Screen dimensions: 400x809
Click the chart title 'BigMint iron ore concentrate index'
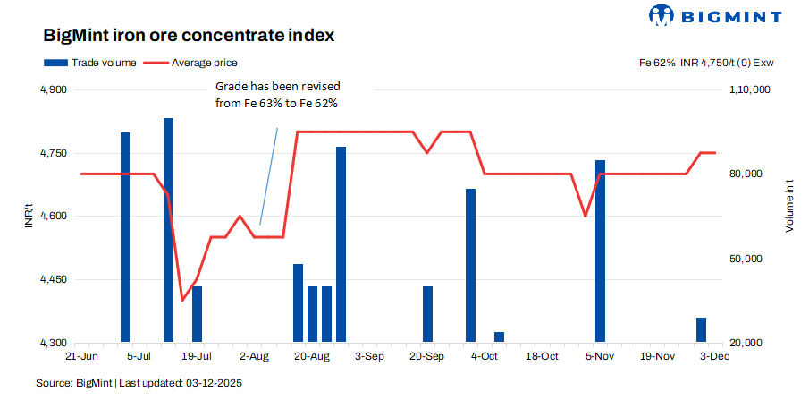pyautogui.click(x=189, y=37)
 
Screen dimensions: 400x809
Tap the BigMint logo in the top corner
pyautogui.click(x=715, y=15)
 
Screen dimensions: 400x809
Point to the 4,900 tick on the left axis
pyautogui.click(x=55, y=90)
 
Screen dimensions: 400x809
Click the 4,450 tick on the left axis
pyautogui.click(x=55, y=280)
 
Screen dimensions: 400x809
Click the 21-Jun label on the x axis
pyautogui.click(x=81, y=356)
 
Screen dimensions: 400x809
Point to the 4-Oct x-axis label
pyautogui.click(x=484, y=356)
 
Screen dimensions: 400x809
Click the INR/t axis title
pyautogui.click(x=30, y=217)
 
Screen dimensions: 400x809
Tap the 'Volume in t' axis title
pyautogui.click(x=788, y=207)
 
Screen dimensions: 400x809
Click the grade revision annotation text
pyautogui.click(x=279, y=95)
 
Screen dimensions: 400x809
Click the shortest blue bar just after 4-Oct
pyautogui.click(x=499, y=337)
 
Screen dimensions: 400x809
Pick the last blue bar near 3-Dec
pyautogui.click(x=701, y=330)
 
